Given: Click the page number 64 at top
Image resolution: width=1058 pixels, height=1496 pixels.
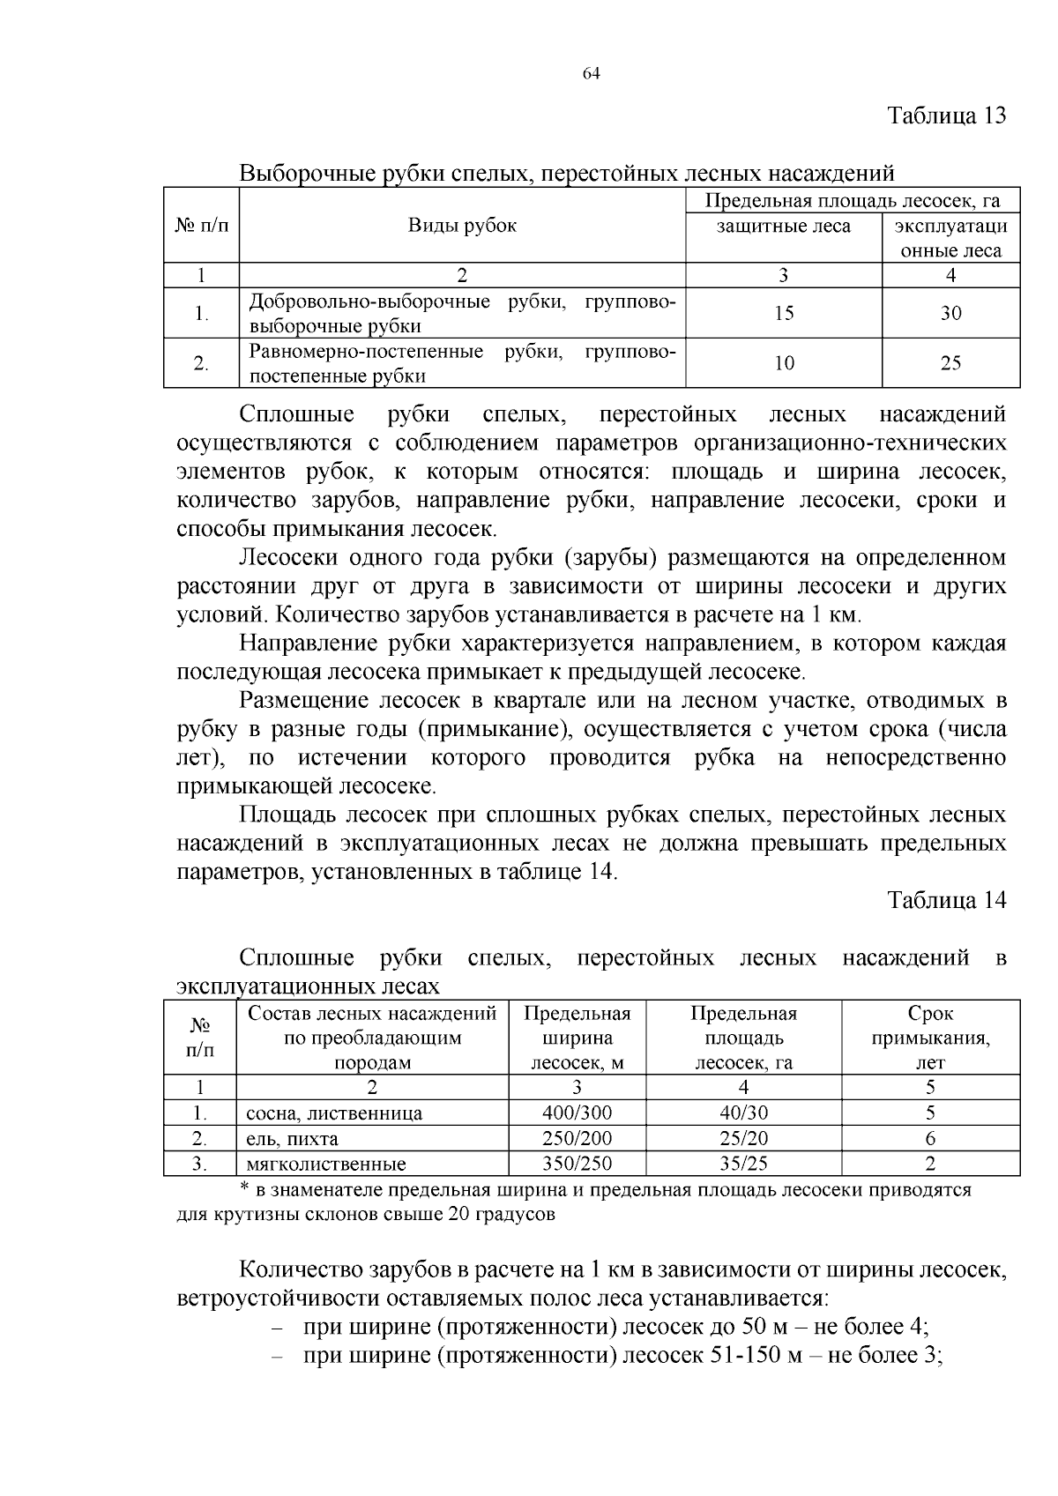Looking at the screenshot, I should [591, 74].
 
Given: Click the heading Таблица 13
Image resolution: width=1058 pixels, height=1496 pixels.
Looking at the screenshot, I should [945, 116].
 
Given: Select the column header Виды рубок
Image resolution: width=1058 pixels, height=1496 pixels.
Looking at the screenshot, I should [462, 225].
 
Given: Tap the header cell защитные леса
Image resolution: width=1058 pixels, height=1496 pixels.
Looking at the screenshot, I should [783, 227].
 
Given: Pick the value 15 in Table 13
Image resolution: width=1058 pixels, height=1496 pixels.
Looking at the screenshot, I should [783, 313].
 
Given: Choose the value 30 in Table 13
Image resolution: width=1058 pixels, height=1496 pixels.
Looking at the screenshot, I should [950, 313].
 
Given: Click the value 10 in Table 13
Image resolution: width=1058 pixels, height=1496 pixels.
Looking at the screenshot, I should [783, 363].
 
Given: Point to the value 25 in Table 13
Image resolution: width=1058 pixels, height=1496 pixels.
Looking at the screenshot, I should [950, 363].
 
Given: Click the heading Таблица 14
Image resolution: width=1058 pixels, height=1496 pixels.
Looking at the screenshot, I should [945, 901].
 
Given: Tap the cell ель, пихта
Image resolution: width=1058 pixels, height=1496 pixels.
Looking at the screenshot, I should [292, 1139].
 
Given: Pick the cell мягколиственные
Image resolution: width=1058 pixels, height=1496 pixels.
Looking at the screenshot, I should [326, 1165].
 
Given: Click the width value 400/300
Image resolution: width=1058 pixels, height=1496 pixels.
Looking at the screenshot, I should [577, 1113].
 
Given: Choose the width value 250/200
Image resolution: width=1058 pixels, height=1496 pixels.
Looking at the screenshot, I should [577, 1138].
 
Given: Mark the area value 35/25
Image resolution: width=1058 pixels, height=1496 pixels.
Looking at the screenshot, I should [743, 1164].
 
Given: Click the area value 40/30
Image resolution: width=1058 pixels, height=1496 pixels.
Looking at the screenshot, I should [743, 1113].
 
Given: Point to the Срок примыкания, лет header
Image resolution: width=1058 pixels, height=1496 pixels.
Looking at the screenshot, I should [930, 1038].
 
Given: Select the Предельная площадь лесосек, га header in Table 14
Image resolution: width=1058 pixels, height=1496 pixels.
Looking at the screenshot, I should [743, 1038].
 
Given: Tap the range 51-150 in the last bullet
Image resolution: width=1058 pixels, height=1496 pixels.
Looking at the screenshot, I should [745, 1355].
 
